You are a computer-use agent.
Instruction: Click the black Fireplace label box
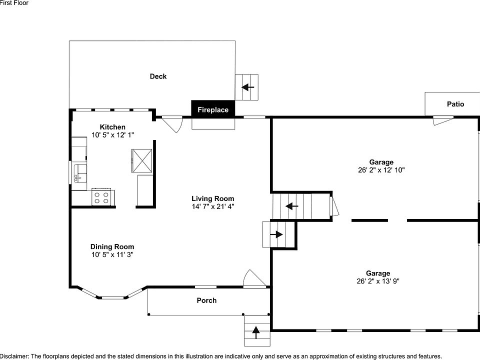pyautogui.click(x=213, y=109)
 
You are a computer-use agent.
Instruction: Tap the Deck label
pyautogui.click(x=158, y=76)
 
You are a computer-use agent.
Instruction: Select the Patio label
pyautogui.click(x=455, y=104)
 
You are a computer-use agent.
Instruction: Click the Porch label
pyautogui.click(x=206, y=300)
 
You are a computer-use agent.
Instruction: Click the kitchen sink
pyautogui.click(x=78, y=176)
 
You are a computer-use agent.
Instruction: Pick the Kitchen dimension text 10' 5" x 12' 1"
pyautogui.click(x=112, y=135)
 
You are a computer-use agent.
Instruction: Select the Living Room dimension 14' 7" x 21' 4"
pyautogui.click(x=212, y=206)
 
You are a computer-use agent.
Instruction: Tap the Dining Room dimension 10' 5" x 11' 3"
pyautogui.click(x=112, y=254)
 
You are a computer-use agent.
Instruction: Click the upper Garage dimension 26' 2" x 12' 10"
pyautogui.click(x=381, y=170)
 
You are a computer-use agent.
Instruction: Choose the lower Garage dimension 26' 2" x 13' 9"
pyautogui.click(x=377, y=281)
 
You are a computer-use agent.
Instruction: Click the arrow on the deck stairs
pyautogui.click(x=247, y=87)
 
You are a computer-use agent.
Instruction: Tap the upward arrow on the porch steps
pyautogui.click(x=256, y=331)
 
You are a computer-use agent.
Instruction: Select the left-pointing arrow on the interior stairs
pyautogui.click(x=292, y=206)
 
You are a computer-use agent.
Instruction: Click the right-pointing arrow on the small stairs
pyautogui.click(x=275, y=234)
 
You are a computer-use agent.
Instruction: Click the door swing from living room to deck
pyautogui.click(x=171, y=124)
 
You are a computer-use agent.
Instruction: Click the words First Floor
pyautogui.click(x=14, y=3)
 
